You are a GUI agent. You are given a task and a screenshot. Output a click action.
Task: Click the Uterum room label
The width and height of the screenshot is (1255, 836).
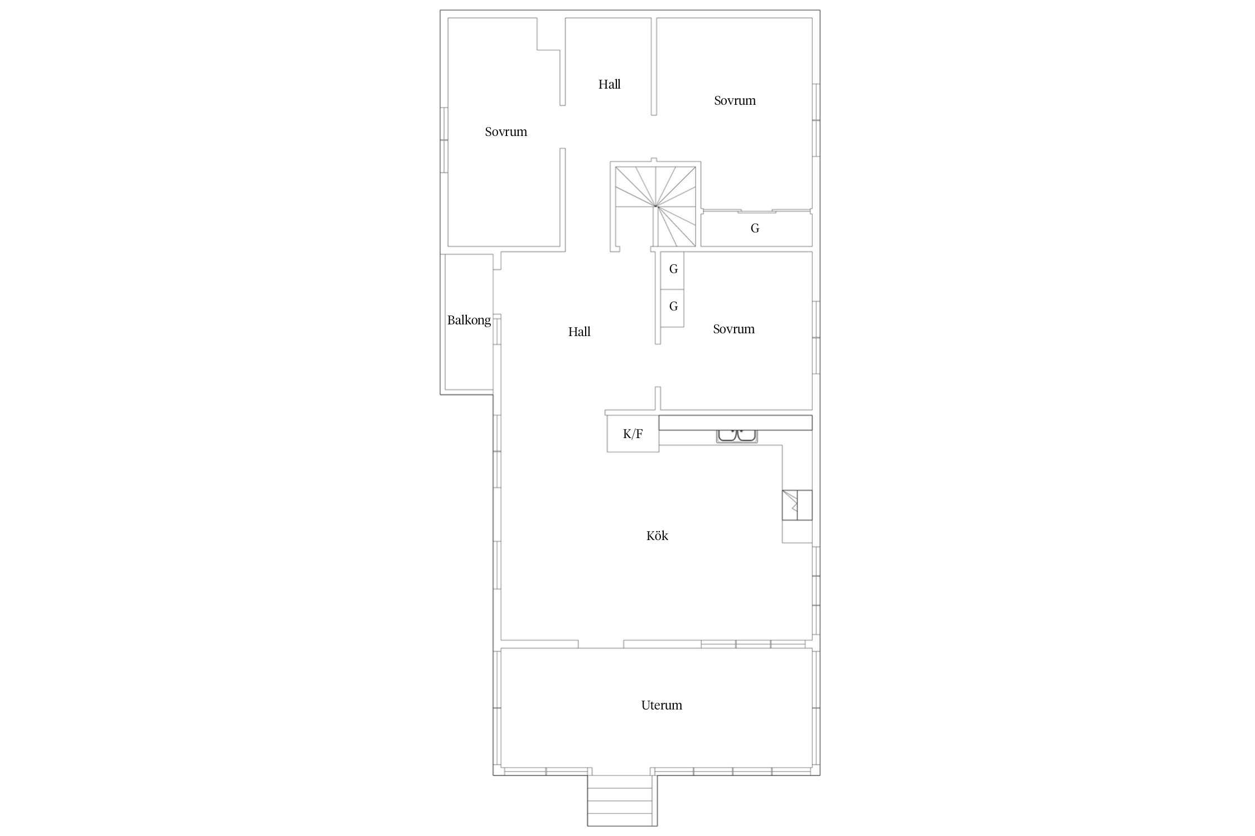pyautogui.click(x=662, y=705)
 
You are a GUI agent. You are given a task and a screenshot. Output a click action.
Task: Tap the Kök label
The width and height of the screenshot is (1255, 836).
pyautogui.click(x=657, y=536)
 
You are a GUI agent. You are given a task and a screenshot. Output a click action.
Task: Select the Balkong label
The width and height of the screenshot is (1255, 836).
pyautogui.click(x=469, y=320)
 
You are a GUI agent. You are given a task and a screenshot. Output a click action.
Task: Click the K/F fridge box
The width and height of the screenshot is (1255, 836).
pyautogui.click(x=633, y=434)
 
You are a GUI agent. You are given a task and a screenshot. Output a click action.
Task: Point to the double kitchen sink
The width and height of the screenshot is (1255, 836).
pyautogui.click(x=737, y=436)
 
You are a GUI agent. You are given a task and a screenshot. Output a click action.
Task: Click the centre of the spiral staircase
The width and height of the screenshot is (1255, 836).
pyautogui.click(x=656, y=206)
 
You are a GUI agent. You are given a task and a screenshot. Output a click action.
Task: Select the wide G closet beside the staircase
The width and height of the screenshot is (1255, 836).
pyautogui.click(x=756, y=229)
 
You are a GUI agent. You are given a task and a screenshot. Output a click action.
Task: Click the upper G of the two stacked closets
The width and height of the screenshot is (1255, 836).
pyautogui.click(x=673, y=270)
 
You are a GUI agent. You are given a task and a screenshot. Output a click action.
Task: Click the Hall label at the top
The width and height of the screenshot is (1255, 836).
pyautogui.click(x=610, y=84)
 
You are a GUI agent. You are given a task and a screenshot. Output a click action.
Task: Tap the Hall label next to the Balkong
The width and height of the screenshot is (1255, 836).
pyautogui.click(x=580, y=332)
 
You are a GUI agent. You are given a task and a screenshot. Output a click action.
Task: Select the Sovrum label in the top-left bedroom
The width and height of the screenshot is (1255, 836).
pyautogui.click(x=506, y=132)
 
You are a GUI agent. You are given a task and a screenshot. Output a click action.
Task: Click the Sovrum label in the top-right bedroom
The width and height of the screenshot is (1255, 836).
pyautogui.click(x=735, y=100)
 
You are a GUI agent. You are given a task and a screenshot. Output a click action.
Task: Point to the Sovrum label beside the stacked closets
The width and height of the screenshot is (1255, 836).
pyautogui.click(x=734, y=329)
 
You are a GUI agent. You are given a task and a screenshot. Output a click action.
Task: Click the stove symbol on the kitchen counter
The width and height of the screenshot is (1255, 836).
pyautogui.click(x=797, y=505)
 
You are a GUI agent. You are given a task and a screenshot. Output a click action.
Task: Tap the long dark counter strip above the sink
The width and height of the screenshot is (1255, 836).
pyautogui.click(x=736, y=422)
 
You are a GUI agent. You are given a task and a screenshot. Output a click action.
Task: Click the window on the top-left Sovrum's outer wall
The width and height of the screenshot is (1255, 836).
pyautogui.click(x=445, y=140)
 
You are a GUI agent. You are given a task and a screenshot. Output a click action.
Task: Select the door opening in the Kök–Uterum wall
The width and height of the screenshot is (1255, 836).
pyautogui.click(x=601, y=644)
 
